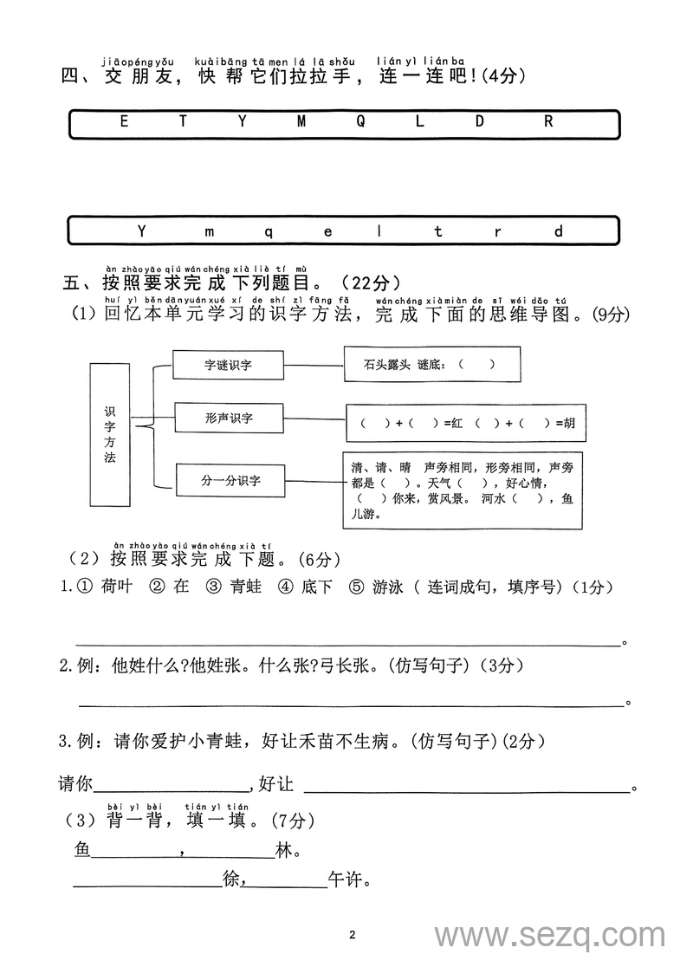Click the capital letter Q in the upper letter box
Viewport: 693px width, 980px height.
click(x=359, y=122)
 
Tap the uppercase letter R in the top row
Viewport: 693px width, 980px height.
click(x=547, y=122)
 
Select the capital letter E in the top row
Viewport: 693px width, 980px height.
click(x=123, y=122)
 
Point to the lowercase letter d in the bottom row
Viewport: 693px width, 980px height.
click(x=559, y=231)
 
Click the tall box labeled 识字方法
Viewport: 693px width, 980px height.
click(x=109, y=434)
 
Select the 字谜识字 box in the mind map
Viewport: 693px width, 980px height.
click(x=228, y=365)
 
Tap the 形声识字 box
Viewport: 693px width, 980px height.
click(x=229, y=419)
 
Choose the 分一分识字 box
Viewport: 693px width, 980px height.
click(x=230, y=478)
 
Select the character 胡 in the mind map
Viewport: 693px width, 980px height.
click(x=568, y=424)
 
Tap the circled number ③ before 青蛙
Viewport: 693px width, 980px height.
click(x=213, y=587)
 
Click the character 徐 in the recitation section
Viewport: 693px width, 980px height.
click(x=230, y=880)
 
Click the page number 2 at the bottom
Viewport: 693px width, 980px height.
click(x=352, y=935)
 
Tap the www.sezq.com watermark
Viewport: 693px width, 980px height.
click(x=550, y=937)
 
